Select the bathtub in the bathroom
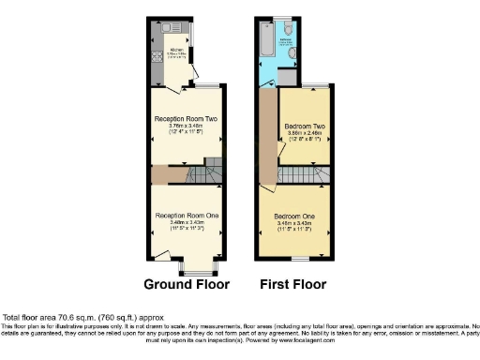pyautogui.click(x=268, y=43)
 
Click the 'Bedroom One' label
pyautogui.click(x=292, y=216)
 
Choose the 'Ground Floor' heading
pyautogui.click(x=186, y=283)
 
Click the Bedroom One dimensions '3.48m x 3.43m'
pyautogui.click(x=292, y=223)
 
